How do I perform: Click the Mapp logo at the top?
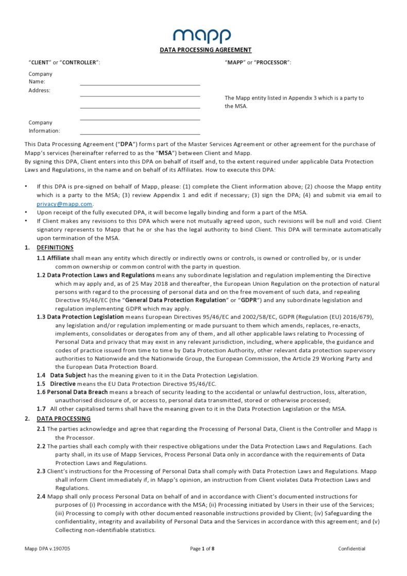pyautogui.click(x=202, y=35)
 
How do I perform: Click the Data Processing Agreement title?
pyautogui.click(x=206, y=50)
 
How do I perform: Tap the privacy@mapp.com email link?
pyautogui.click(x=64, y=204)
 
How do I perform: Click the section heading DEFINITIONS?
pyautogui.click(x=55, y=248)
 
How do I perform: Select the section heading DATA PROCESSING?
pyautogui.click(x=63, y=418)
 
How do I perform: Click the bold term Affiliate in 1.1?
pyautogui.click(x=58, y=258)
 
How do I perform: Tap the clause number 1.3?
pyautogui.click(x=41, y=317)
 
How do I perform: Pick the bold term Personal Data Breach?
pyautogui.click(x=77, y=392)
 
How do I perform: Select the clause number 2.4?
pyautogui.click(x=41, y=497)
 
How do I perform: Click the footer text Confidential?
pyautogui.click(x=351, y=549)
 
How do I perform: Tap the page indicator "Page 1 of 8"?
pyautogui.click(x=202, y=549)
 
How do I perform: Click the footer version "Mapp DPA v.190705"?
pyautogui.click(x=47, y=549)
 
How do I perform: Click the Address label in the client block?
pyautogui.click(x=39, y=90)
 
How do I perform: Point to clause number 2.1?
pyautogui.click(x=41, y=429)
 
